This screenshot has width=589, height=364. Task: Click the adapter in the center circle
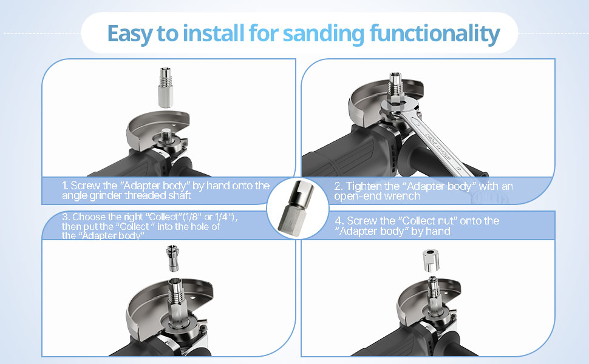(x=294, y=206)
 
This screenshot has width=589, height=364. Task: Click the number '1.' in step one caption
(x=65, y=186)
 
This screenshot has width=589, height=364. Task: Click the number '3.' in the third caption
(x=66, y=217)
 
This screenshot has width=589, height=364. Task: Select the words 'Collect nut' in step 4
(x=424, y=221)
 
